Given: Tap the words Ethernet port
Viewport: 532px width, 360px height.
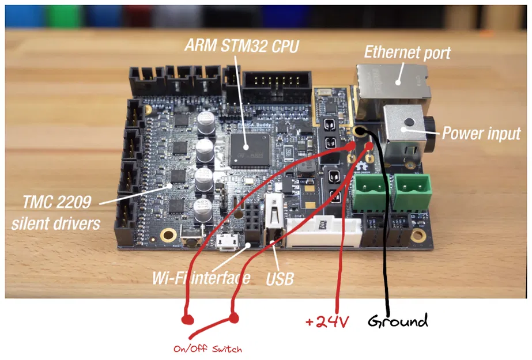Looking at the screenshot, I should click(408, 52).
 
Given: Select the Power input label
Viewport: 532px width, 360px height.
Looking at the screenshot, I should click(481, 134).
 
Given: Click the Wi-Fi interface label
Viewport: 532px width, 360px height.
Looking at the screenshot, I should click(201, 278).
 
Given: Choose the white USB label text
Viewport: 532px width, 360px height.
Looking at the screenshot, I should click(280, 279).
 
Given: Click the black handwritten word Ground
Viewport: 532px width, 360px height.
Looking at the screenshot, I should click(398, 320).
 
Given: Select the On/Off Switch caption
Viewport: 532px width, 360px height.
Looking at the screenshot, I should click(207, 349).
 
